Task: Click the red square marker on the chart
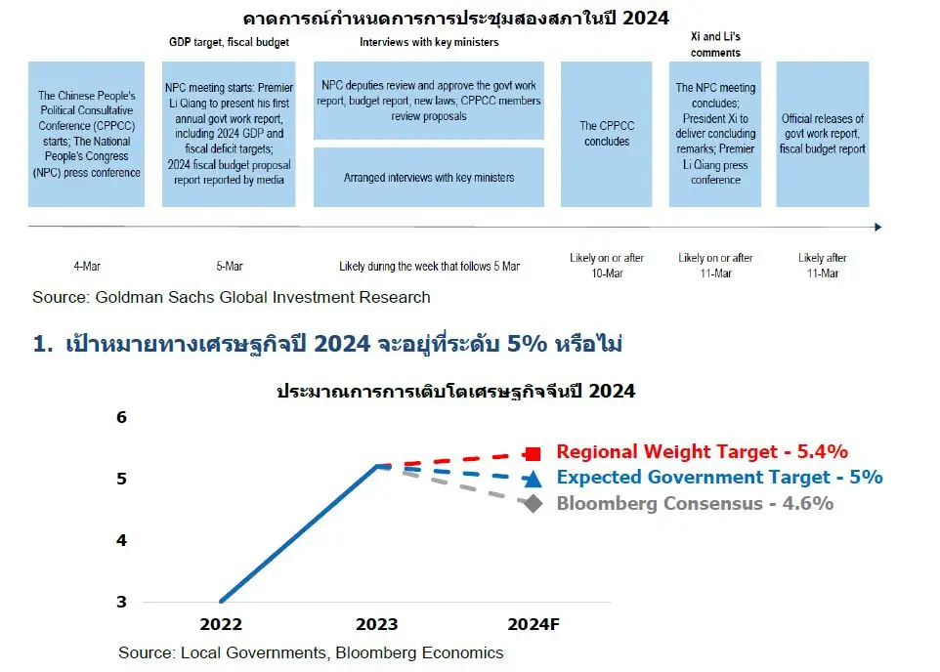click(533, 454)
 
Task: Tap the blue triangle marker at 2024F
click(532, 479)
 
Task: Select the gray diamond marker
click(533, 504)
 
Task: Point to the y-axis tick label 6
click(122, 417)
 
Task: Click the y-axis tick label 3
click(122, 602)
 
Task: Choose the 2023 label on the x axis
click(376, 625)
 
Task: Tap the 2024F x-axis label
click(533, 625)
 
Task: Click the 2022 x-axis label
click(221, 625)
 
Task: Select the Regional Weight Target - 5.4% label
click(702, 451)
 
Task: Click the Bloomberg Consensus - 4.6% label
click(695, 504)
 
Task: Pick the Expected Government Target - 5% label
click(719, 478)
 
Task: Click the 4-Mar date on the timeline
click(87, 266)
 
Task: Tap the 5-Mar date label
click(229, 266)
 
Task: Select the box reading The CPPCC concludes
click(606, 134)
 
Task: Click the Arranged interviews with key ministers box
click(429, 178)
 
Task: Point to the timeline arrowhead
click(878, 228)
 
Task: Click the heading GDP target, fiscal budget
click(229, 42)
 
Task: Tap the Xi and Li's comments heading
click(715, 44)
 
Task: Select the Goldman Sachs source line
click(232, 297)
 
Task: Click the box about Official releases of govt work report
click(823, 134)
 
